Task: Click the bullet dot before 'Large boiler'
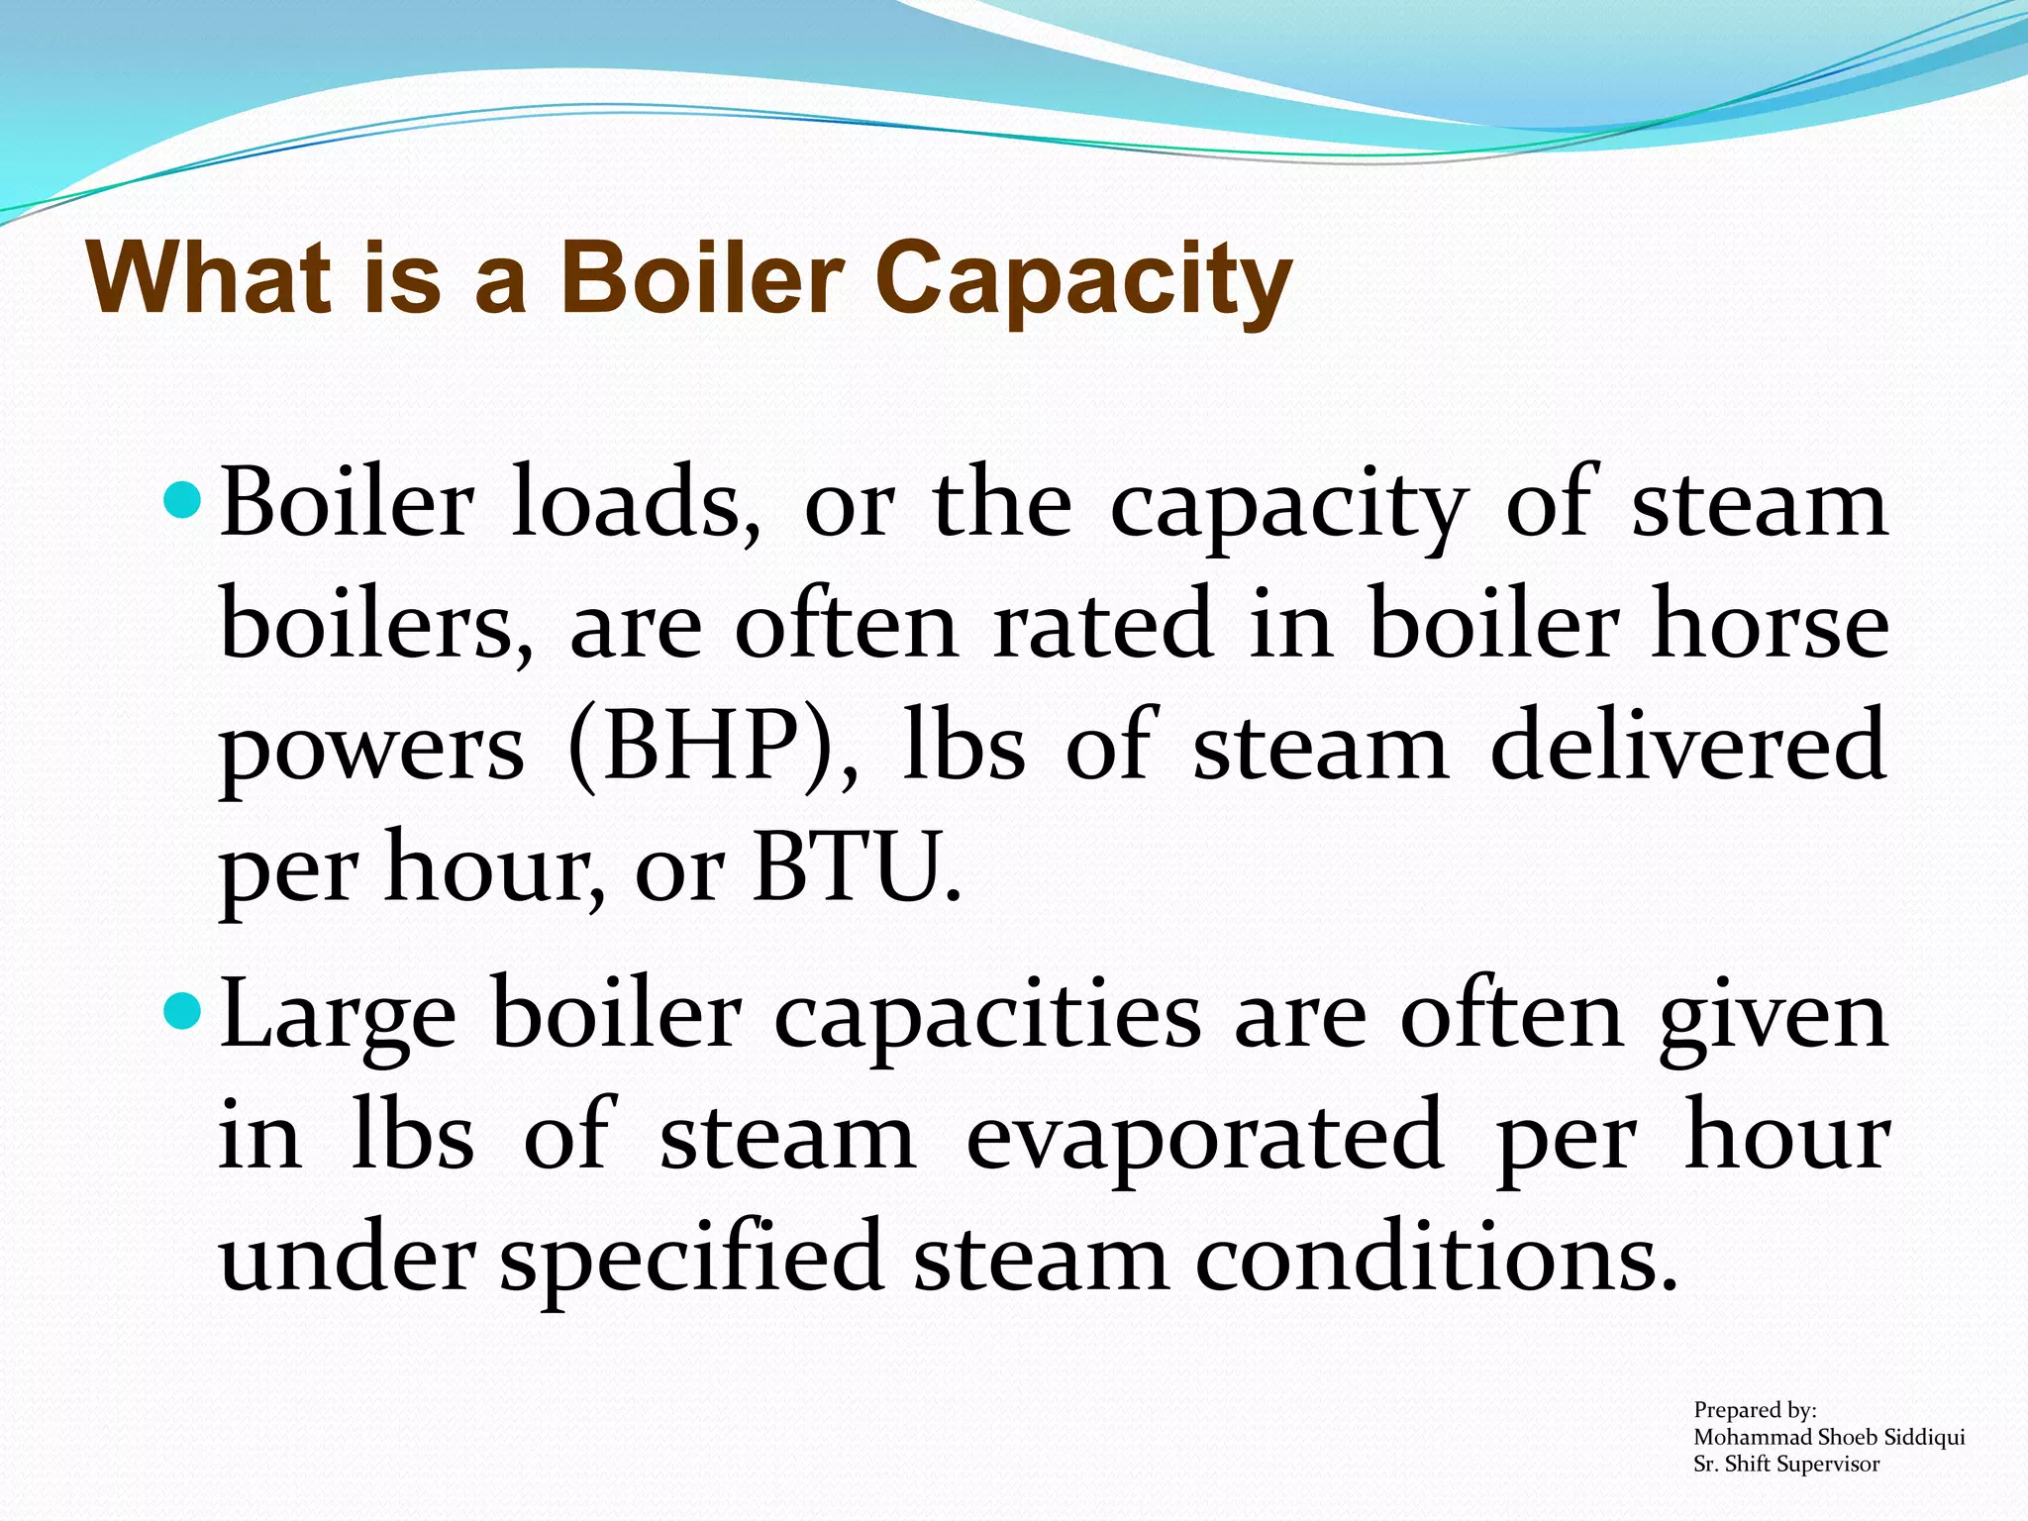pos(180,1013)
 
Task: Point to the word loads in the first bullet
pos(636,505)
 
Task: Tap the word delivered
pos(1687,747)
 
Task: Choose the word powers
pos(371,753)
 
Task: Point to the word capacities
pos(986,1020)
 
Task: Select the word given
pos(1774,1020)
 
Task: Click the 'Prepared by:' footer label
pos(1755,1410)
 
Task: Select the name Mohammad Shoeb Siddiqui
pos(1829,1437)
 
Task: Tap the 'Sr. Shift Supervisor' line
pos(1786,1465)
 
